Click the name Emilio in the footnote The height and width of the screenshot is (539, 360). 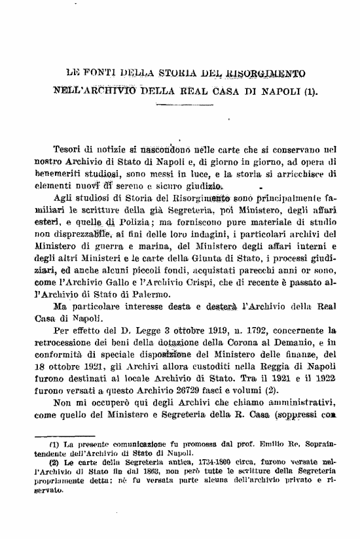point(247,457)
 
